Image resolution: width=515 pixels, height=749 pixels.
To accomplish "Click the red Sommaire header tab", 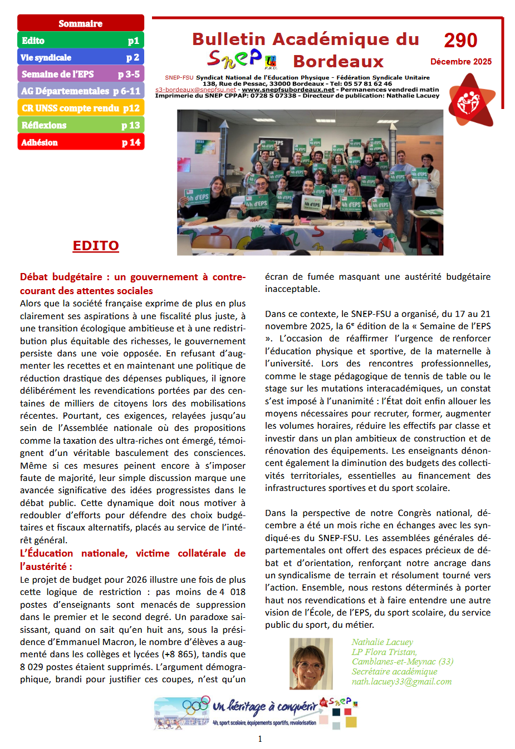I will point(81,23).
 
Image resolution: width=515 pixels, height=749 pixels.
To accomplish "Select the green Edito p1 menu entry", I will point(81,41).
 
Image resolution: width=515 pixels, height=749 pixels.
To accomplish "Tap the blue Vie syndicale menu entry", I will point(81,57).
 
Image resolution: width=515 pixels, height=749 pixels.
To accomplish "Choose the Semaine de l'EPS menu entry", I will point(81,74).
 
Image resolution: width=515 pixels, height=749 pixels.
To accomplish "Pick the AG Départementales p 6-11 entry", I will point(81,91).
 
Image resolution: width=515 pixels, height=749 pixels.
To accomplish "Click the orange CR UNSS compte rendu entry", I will point(81,108).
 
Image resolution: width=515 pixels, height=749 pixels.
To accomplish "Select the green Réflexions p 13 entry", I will point(81,125).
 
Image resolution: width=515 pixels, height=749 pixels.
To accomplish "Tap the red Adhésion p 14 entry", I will point(81,142).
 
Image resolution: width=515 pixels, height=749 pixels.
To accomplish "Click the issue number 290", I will point(460,41).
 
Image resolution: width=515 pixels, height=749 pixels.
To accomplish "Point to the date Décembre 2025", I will point(461,62).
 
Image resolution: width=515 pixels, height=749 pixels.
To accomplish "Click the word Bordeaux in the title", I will point(339,61).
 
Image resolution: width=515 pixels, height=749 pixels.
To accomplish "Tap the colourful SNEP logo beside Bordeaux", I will point(242,58).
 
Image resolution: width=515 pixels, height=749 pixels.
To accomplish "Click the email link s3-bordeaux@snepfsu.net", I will point(195,90).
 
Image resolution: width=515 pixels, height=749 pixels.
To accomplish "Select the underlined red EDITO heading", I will point(96,246).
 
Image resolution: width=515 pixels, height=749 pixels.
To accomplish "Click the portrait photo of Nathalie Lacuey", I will point(311,663).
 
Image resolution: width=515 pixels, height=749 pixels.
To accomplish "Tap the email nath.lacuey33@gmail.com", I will point(401,682).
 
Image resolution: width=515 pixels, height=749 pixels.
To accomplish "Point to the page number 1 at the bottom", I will point(260,739).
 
